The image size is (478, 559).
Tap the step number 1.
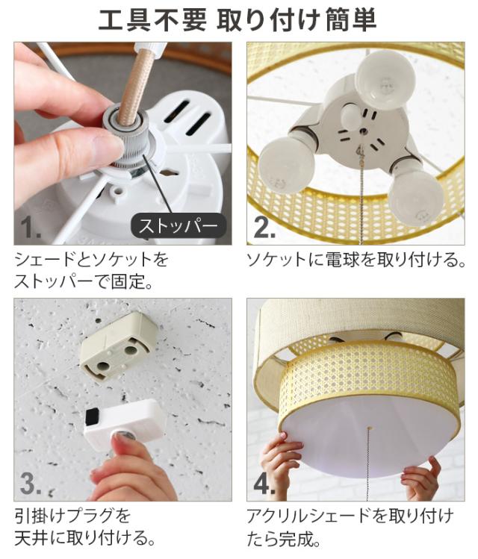(x=31, y=228)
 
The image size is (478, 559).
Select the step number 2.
(x=264, y=227)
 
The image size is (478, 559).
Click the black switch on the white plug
(x=93, y=416)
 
